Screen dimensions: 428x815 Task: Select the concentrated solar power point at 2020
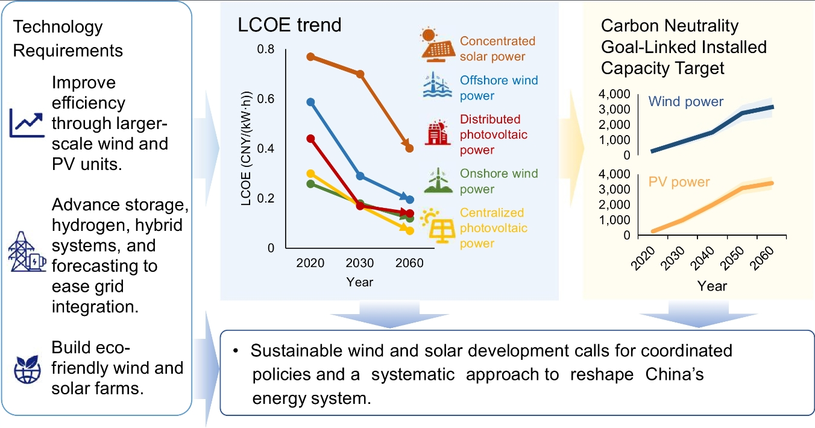310,57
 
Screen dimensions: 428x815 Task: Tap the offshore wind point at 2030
360,176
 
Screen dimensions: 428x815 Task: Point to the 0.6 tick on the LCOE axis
266,99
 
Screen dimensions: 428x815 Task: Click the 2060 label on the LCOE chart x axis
409,263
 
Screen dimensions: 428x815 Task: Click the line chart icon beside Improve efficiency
27,122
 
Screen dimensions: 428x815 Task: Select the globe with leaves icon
27,371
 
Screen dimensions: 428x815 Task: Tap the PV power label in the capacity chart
679,181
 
